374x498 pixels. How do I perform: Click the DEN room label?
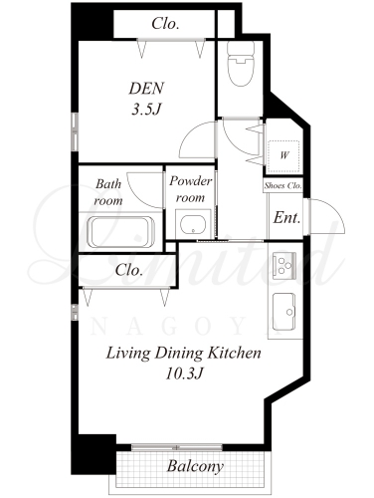coord(146,89)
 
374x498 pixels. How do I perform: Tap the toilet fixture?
coord(241,63)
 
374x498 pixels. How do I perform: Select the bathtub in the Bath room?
coord(121,232)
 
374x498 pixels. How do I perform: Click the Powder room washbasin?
coord(193,224)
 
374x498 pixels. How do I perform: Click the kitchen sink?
coord(284,312)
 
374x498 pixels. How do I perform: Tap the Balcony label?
coord(195,466)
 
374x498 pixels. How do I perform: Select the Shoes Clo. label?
coord(283,185)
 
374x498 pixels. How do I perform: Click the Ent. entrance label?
coord(286,218)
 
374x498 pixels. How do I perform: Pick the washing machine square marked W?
coord(284,156)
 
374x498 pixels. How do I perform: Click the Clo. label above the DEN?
coord(165,24)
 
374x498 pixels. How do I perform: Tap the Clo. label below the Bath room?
coord(129,270)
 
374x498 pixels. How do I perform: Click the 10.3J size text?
coord(184,374)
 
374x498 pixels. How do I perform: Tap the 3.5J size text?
coord(146,110)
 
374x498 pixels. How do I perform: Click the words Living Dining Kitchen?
coord(183,353)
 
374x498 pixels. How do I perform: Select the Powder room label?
coord(191,189)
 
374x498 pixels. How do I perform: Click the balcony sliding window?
coord(177,447)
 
